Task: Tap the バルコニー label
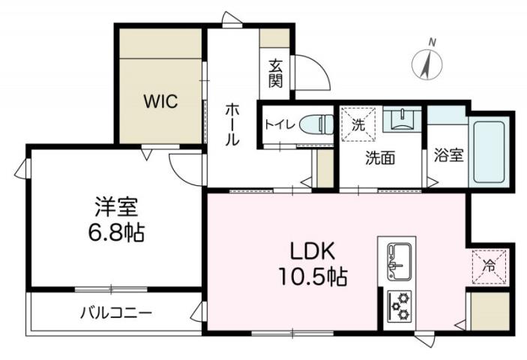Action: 116,312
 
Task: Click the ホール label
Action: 232,124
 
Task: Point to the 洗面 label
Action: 380,157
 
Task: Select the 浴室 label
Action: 449,156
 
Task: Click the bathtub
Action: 491,151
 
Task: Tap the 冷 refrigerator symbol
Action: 490,264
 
